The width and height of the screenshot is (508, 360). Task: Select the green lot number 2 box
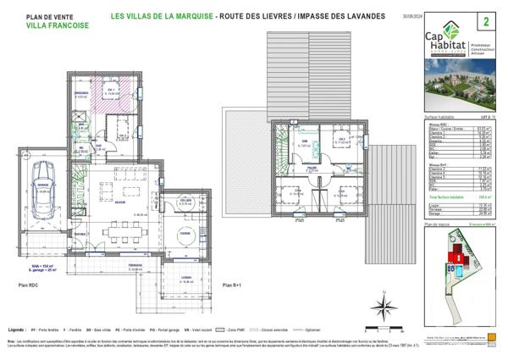486,19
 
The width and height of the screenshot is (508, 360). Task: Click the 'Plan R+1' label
232,287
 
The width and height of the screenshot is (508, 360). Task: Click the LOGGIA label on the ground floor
186,279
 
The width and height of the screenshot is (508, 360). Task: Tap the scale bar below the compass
384,325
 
